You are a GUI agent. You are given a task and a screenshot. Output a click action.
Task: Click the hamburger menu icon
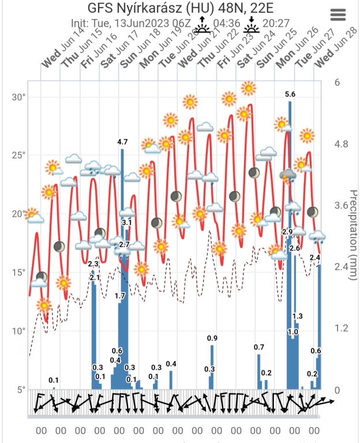338,16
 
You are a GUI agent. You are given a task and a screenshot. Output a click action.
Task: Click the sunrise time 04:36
226,24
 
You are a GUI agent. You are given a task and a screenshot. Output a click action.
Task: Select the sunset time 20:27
276,24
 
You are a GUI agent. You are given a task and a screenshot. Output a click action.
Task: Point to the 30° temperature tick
19,97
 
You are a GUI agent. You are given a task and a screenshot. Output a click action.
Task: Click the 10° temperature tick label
19,331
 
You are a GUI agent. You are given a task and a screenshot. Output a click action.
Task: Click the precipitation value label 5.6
290,94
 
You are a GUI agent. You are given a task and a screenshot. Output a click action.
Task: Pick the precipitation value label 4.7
122,141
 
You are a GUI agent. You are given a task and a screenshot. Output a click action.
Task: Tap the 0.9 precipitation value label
212,338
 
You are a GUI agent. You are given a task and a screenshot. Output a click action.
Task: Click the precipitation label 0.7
259,347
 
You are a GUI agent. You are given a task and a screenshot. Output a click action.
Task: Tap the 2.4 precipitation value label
315,257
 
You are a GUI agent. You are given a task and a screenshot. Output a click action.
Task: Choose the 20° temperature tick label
19,214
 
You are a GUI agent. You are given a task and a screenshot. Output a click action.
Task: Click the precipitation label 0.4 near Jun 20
171,363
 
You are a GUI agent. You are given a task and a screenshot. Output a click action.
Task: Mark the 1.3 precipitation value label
298,316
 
